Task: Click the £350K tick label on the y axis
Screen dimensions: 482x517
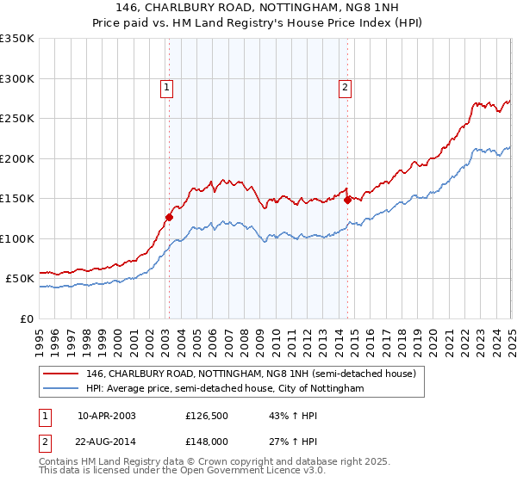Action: (17, 39)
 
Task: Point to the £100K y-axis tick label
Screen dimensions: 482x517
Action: (17, 238)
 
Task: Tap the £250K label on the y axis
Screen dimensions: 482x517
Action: (17, 119)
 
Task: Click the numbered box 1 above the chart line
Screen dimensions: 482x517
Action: (165, 86)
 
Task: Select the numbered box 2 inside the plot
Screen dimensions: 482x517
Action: (345, 86)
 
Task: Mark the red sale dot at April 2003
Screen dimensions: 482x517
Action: (169, 217)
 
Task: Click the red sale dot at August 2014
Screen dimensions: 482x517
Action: (348, 200)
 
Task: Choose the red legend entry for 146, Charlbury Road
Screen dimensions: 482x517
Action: (251, 374)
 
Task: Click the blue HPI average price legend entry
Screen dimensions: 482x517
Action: (225, 388)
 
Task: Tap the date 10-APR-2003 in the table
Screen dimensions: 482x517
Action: (107, 416)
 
